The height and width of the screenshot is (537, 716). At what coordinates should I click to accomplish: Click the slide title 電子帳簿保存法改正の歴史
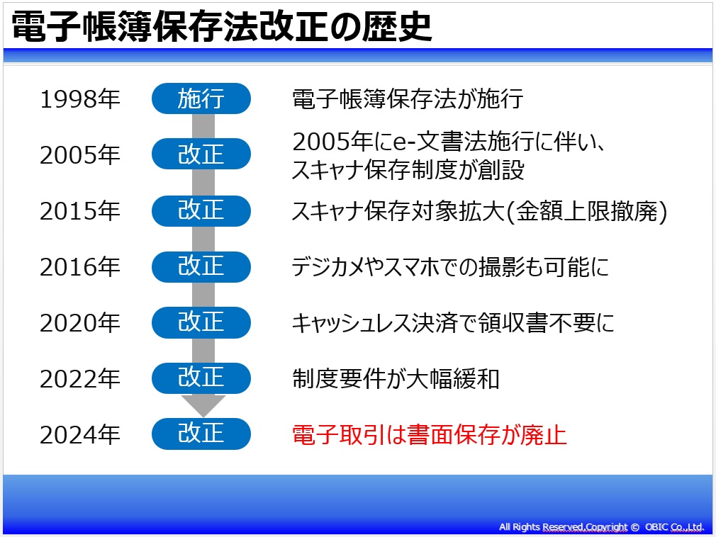coord(221,26)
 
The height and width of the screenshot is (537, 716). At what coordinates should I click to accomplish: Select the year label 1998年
coord(80,99)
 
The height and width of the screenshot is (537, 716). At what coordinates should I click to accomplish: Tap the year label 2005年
coord(80,154)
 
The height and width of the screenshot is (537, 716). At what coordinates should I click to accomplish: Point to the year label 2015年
coord(80,211)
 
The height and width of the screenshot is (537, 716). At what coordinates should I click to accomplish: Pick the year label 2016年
coord(80,267)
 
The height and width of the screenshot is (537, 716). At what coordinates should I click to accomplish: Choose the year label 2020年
coord(80,322)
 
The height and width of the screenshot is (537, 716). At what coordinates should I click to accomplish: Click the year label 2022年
coord(80,379)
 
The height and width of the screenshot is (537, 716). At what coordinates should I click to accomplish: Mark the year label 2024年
coord(80,434)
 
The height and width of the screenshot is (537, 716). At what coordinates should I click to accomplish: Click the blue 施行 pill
coord(201,98)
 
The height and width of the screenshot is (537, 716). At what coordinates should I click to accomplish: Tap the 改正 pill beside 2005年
coord(201,154)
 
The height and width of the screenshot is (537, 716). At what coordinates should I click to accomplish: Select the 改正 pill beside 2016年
coord(201,266)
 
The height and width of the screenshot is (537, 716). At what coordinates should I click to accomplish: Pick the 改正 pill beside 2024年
coord(201,434)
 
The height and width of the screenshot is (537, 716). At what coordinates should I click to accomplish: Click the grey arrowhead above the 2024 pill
coord(203,405)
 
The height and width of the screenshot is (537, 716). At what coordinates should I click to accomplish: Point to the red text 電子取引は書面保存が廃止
coord(429,434)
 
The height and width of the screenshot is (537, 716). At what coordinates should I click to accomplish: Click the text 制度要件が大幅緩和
coord(396,379)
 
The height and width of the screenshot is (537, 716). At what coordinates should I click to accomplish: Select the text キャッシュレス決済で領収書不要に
coord(453,322)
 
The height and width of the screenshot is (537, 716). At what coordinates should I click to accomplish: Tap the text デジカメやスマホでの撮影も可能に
coord(450,267)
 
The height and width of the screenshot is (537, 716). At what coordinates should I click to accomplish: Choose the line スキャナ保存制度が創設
coord(408,170)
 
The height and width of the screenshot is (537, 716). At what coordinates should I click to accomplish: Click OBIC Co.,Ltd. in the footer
coord(674,527)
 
